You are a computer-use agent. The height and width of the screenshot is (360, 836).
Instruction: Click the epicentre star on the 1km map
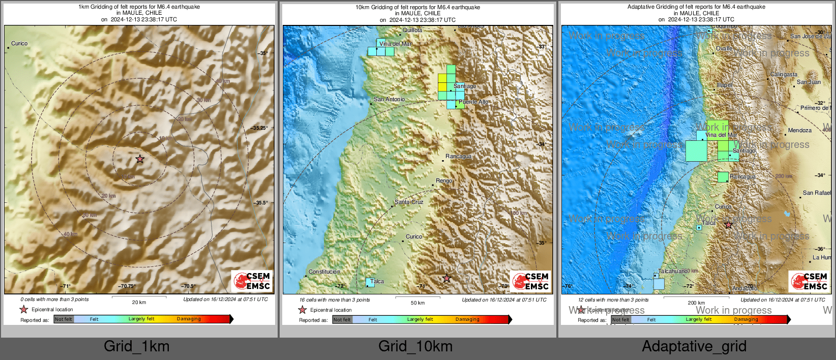[x=140, y=159]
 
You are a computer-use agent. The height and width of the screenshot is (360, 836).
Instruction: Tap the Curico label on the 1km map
[x=19, y=43]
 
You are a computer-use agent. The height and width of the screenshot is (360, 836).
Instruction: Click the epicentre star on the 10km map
[x=446, y=278]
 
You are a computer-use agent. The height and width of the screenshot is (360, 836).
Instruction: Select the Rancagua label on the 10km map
[x=458, y=157]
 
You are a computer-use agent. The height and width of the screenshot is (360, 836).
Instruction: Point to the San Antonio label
[x=389, y=99]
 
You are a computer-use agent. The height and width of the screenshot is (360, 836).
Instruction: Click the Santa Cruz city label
[x=409, y=202]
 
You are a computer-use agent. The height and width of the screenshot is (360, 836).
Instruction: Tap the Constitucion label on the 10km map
[x=324, y=272]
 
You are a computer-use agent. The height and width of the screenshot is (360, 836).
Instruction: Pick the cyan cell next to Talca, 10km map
[x=370, y=282]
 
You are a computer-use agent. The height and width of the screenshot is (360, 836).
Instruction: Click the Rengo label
[x=444, y=181]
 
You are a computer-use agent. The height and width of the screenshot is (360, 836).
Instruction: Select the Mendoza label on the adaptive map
[x=799, y=131]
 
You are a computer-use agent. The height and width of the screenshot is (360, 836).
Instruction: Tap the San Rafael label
[x=816, y=193]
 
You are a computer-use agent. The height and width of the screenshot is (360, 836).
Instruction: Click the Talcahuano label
[x=672, y=271]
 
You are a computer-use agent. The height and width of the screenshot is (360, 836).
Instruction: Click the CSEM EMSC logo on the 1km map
[x=252, y=281]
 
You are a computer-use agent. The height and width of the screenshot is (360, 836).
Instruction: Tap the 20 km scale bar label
[x=139, y=302]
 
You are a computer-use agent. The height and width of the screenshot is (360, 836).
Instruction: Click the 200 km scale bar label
[x=696, y=303]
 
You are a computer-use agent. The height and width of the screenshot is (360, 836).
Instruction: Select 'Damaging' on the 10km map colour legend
[x=467, y=319]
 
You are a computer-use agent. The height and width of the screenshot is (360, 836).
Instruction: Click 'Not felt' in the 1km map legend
[x=64, y=319]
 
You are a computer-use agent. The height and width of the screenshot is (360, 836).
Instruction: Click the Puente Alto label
[x=473, y=102]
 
